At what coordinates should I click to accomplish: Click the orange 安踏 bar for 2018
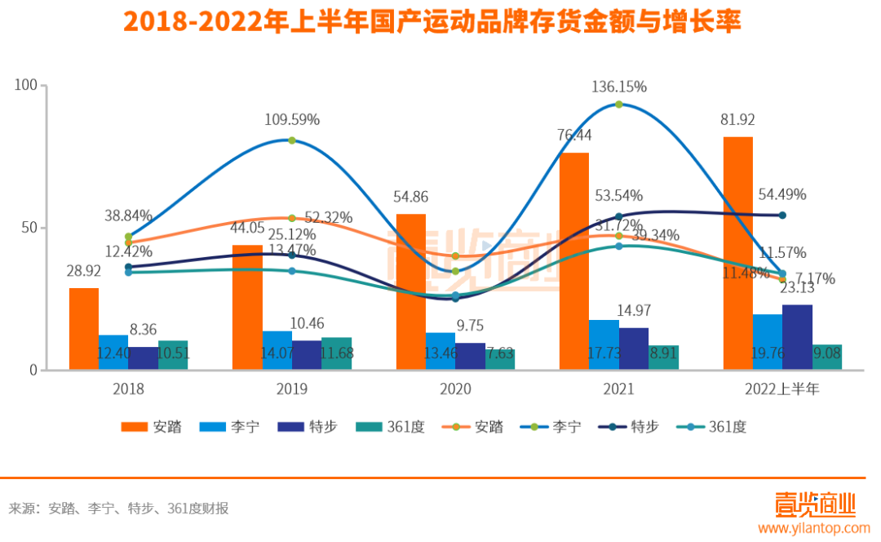tap(84, 329)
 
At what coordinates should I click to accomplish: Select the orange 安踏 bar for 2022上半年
tap(737, 253)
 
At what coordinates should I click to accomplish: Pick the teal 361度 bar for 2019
tap(336, 353)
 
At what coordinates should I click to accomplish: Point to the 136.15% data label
tap(619, 87)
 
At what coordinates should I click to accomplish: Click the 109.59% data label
tap(292, 119)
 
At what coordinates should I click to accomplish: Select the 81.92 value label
tap(737, 119)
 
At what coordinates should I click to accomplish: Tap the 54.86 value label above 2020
tap(410, 197)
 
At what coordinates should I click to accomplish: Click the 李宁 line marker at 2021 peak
tap(619, 104)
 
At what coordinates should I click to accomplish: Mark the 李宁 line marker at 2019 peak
tap(292, 140)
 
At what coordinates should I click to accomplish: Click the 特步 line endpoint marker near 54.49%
tap(782, 215)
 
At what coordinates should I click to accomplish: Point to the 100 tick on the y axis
tap(28, 85)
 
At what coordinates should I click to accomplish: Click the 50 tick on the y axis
tap(31, 228)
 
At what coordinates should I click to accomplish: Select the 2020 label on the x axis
tap(455, 389)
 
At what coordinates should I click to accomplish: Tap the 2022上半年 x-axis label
tap(782, 389)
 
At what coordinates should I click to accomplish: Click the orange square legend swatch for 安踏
tap(133, 427)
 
